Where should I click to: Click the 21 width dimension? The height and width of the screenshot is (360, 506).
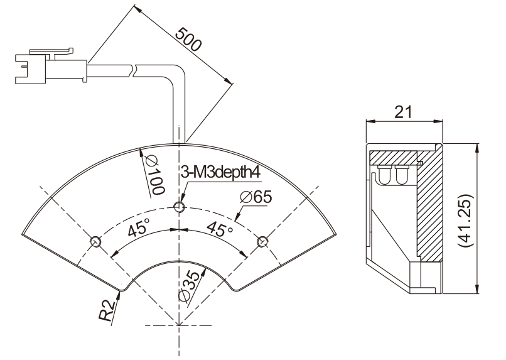[404, 112]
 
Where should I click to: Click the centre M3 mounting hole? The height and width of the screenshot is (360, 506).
[180, 207]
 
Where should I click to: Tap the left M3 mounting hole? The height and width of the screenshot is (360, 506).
[95, 241]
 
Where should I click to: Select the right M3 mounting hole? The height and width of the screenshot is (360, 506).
[262, 241]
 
